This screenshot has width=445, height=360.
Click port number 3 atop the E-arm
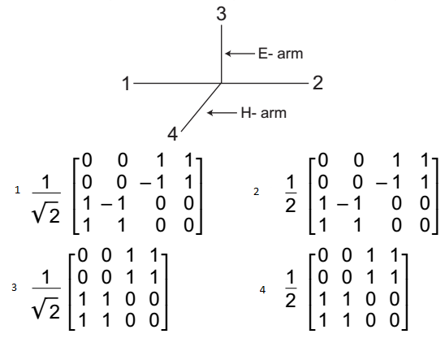(222, 14)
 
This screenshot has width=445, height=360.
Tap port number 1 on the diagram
(126, 84)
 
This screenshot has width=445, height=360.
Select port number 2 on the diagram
(318, 83)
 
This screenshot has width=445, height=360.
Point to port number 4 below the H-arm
(172, 134)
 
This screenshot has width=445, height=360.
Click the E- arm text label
(281, 54)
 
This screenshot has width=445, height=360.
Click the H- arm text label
(264, 113)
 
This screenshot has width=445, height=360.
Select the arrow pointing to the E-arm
(240, 54)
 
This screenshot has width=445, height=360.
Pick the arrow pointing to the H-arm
(222, 113)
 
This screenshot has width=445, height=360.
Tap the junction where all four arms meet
(221, 83)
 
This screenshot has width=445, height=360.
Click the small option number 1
(18, 190)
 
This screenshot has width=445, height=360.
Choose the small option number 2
(257, 192)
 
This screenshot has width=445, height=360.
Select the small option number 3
(14, 288)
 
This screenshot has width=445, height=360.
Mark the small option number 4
(262, 289)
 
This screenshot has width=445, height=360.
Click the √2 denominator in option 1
(46, 212)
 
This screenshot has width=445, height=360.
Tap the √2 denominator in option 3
(46, 308)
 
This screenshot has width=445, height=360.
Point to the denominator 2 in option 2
(291, 206)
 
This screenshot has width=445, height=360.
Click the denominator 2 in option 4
(291, 301)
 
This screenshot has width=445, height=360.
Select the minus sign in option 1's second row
(145, 184)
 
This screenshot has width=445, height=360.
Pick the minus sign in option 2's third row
(342, 205)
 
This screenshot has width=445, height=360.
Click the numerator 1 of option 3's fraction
(46, 277)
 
